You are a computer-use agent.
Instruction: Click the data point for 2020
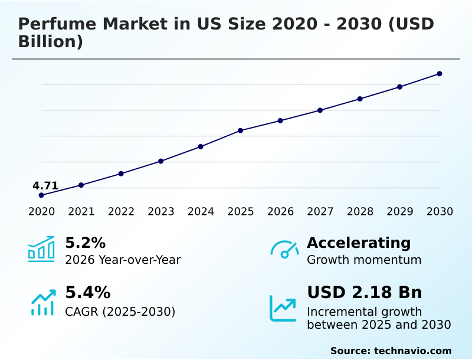coord(41,195)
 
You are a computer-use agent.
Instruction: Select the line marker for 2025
coord(241,130)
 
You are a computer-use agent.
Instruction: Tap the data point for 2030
coord(440,74)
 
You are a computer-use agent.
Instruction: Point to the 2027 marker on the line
coord(320,110)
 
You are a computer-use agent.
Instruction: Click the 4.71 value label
coord(45,186)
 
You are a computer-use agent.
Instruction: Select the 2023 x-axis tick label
coord(161,212)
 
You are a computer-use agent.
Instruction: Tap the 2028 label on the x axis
coord(360,212)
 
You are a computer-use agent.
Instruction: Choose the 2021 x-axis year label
coord(81,212)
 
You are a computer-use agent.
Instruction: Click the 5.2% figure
coord(85,243)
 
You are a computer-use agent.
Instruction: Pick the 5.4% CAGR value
coord(87,293)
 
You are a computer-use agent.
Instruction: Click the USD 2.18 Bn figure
coord(364,293)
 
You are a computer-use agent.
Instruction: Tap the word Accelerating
coord(359,243)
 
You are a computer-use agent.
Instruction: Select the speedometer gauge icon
coord(284,250)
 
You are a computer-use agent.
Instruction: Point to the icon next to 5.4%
coord(42,302)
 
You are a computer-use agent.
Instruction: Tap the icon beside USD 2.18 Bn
coord(283,308)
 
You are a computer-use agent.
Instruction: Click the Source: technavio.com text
coord(391,351)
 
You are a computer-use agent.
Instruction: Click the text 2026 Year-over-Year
coord(123,260)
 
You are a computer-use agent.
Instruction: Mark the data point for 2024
coord(201,146)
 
